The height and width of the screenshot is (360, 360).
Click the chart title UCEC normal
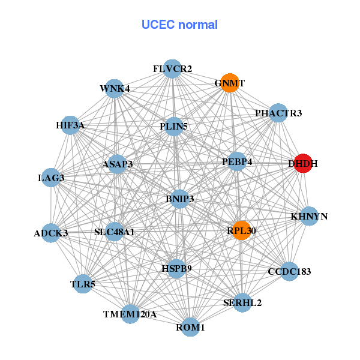click(x=179, y=25)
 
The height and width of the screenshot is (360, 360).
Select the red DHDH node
click(x=304, y=163)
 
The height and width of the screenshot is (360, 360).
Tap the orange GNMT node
click(x=230, y=83)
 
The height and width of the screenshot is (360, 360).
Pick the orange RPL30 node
click(x=241, y=230)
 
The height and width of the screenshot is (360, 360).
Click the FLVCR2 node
click(x=172, y=69)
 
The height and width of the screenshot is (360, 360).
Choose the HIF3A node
click(x=70, y=125)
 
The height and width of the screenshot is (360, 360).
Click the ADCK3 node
click(x=51, y=233)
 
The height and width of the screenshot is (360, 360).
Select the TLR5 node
click(x=83, y=283)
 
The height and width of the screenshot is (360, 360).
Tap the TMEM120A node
click(x=130, y=314)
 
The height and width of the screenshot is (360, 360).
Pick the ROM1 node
click(x=190, y=327)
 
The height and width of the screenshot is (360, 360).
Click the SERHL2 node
click(x=242, y=302)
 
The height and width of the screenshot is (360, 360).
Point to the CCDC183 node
click(x=289, y=271)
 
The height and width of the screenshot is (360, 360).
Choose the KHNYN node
click(x=309, y=216)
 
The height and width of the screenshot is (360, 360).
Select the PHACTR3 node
click(x=278, y=113)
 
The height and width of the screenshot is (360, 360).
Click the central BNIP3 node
click(x=179, y=199)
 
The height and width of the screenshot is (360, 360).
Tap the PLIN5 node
click(x=173, y=127)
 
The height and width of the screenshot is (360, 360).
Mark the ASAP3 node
click(x=117, y=164)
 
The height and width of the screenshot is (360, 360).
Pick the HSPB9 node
click(x=176, y=268)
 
